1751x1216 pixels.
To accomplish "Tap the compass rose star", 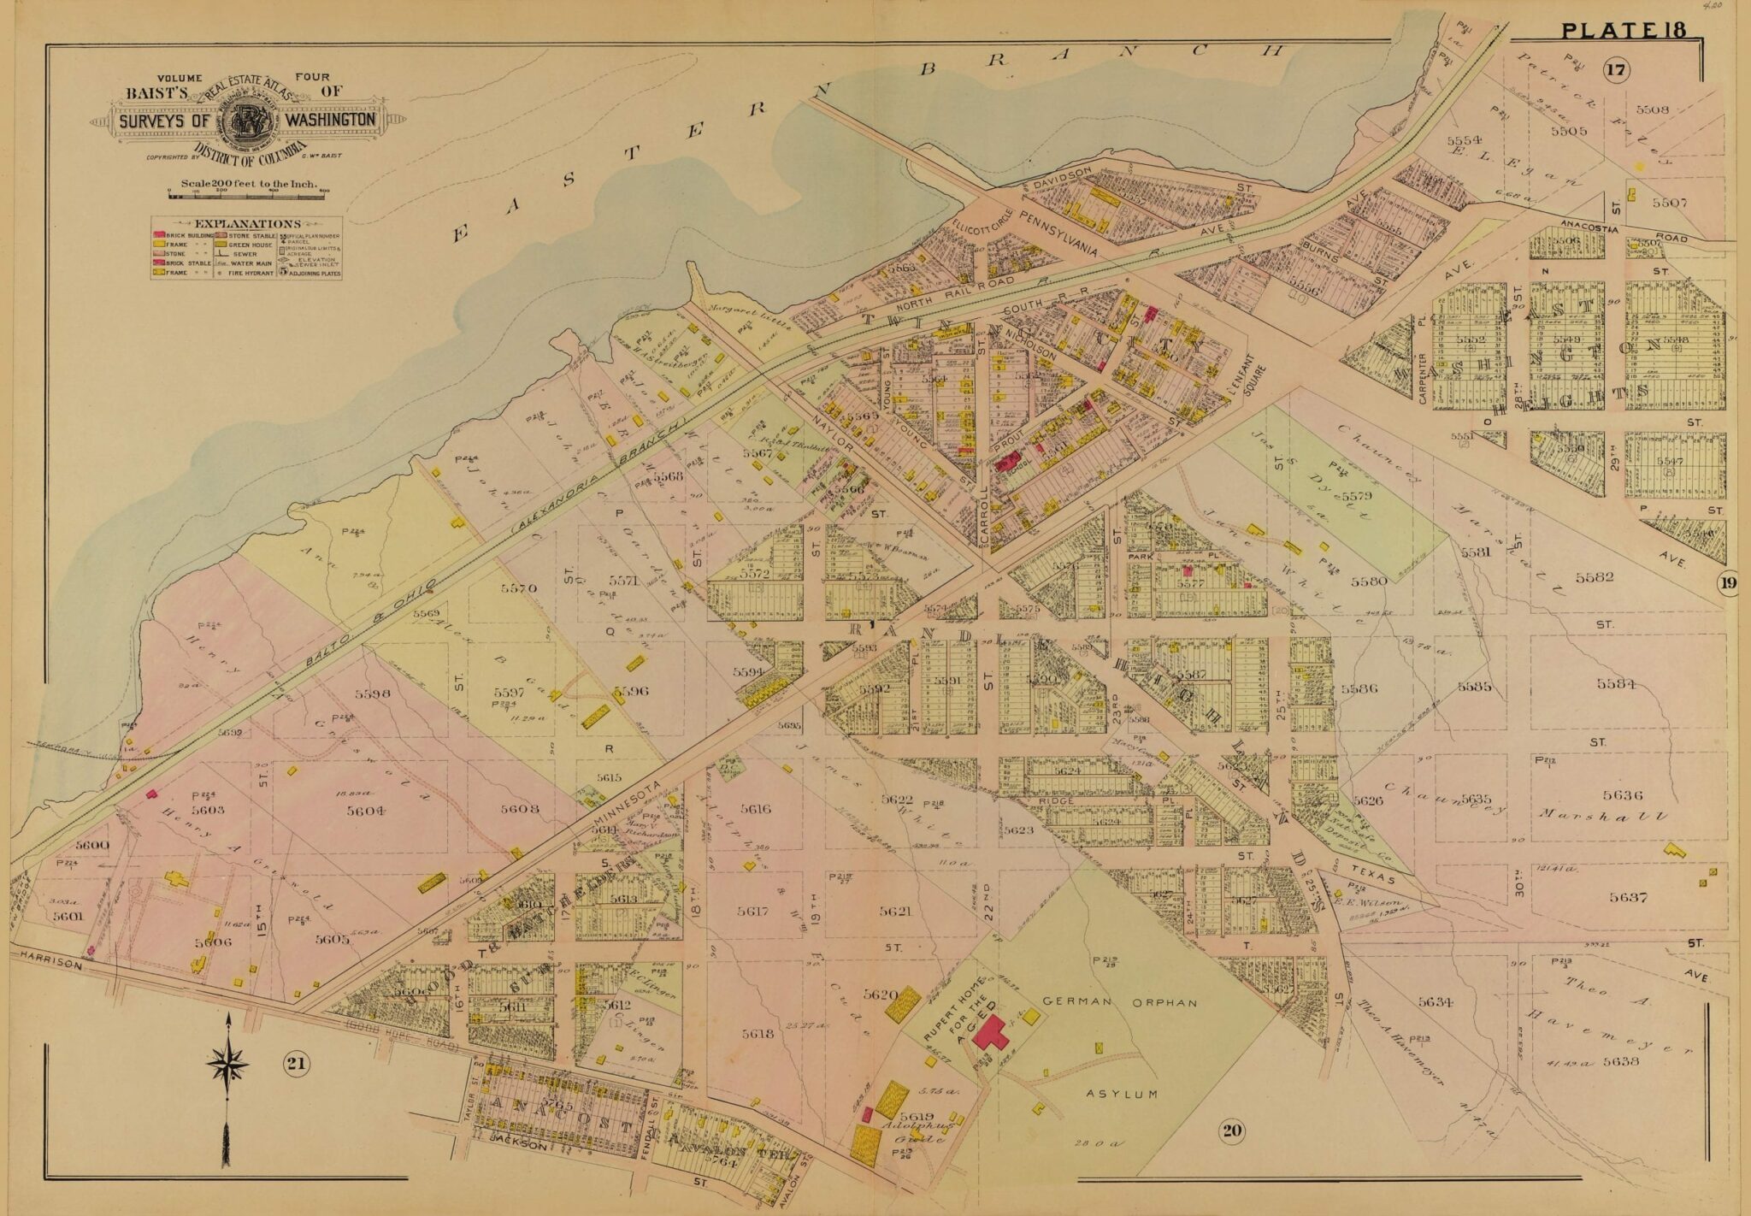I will [x=228, y=1065].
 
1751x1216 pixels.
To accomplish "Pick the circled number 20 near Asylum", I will [x=1231, y=1132].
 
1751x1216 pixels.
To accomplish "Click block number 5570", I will [x=518, y=588].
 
